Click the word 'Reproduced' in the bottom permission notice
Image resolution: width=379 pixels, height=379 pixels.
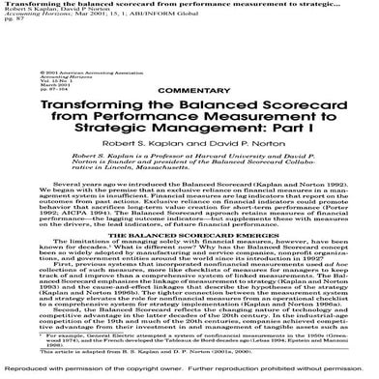pos(25,371)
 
